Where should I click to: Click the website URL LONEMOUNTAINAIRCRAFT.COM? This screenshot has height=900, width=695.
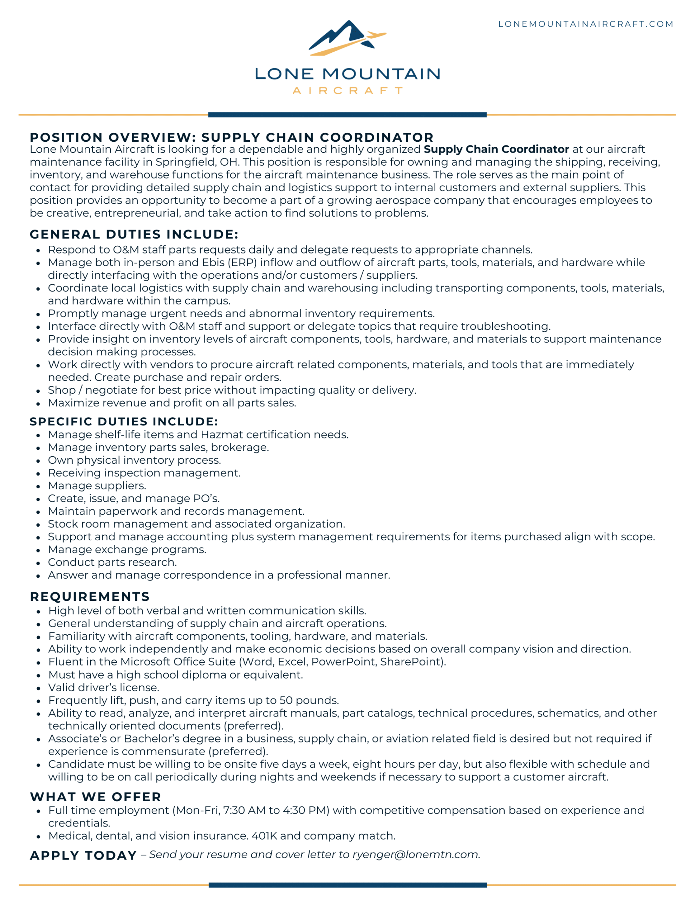tap(585, 24)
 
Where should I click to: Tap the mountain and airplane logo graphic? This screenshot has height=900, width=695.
tap(347, 38)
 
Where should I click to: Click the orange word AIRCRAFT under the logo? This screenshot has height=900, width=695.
tap(347, 91)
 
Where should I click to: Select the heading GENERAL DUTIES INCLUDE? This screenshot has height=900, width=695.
tap(134, 234)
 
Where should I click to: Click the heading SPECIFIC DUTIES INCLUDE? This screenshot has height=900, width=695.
tap(124, 421)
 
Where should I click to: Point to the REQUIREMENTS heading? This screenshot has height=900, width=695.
tap(90, 596)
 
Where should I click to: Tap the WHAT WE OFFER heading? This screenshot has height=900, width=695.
tap(96, 797)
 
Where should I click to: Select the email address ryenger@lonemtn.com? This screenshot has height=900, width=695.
tap(416, 855)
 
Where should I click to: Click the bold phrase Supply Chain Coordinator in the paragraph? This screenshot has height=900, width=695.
tap(496, 149)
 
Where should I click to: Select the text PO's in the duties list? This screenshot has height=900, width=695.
tap(206, 498)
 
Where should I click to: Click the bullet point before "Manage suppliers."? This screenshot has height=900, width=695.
tap(38, 486)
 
